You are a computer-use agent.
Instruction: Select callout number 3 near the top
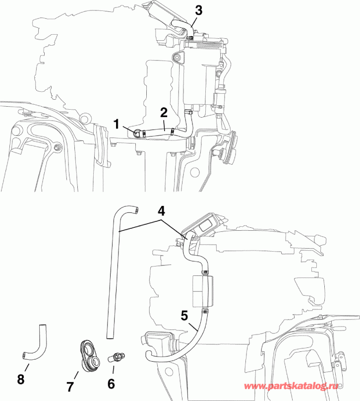pyautogui.click(x=199, y=10)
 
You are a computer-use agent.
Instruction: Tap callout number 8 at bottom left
pyautogui.click(x=20, y=379)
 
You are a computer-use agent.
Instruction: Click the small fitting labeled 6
pyautogui.click(x=119, y=356)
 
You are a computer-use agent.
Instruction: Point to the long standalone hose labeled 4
pyautogui.click(x=112, y=273)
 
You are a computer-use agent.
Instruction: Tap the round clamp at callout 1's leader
pyautogui.click(x=138, y=132)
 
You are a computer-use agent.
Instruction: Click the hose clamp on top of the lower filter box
pyautogui.click(x=204, y=272)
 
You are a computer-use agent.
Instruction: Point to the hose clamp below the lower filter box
pyautogui.click(x=204, y=311)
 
